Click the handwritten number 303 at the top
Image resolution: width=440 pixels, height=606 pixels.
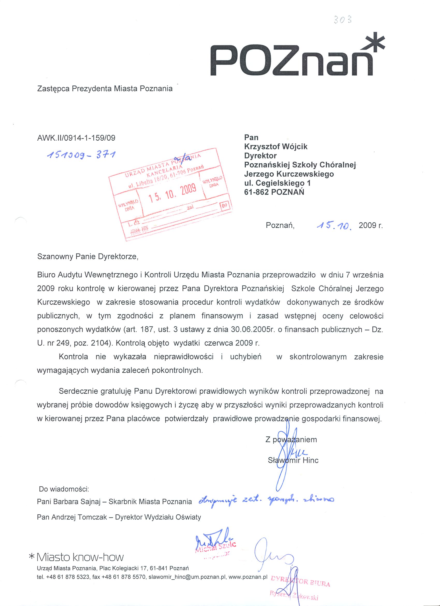[342, 20]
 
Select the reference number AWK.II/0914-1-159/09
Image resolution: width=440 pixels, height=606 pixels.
[76, 138]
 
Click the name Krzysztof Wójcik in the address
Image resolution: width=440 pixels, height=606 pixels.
[276, 147]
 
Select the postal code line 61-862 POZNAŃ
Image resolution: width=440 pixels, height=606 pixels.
[274, 192]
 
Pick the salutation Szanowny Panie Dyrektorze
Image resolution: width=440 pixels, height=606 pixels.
[88, 257]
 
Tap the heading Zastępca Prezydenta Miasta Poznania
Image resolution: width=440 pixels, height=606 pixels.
[105, 89]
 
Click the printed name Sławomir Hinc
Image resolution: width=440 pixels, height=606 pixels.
[293, 460]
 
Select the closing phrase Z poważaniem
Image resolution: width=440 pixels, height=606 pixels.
[291, 439]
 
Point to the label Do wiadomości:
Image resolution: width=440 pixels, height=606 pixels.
[64, 489]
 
